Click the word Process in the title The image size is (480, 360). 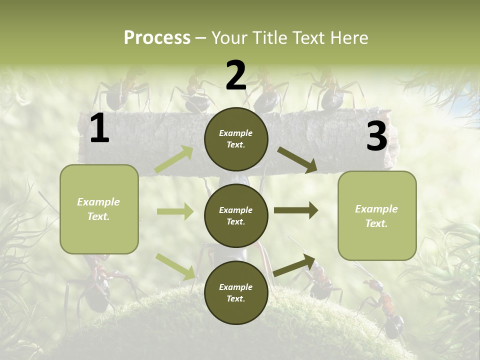[157, 38]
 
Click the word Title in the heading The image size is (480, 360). [267, 38]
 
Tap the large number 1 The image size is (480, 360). [99, 129]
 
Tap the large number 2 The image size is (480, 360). [236, 76]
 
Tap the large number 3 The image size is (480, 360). [376, 136]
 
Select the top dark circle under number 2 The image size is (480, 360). [236, 139]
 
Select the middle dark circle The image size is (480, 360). [236, 215]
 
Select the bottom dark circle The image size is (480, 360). [236, 292]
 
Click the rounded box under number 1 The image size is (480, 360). [99, 209]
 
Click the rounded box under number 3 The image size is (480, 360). [377, 215]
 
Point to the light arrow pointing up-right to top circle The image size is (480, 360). [174, 159]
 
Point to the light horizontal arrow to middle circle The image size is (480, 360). [175, 211]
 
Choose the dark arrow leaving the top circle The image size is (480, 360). [297, 160]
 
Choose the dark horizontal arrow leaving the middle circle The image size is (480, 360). [296, 210]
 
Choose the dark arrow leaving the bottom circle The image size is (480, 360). [294, 265]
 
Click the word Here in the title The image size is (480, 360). [348, 38]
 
